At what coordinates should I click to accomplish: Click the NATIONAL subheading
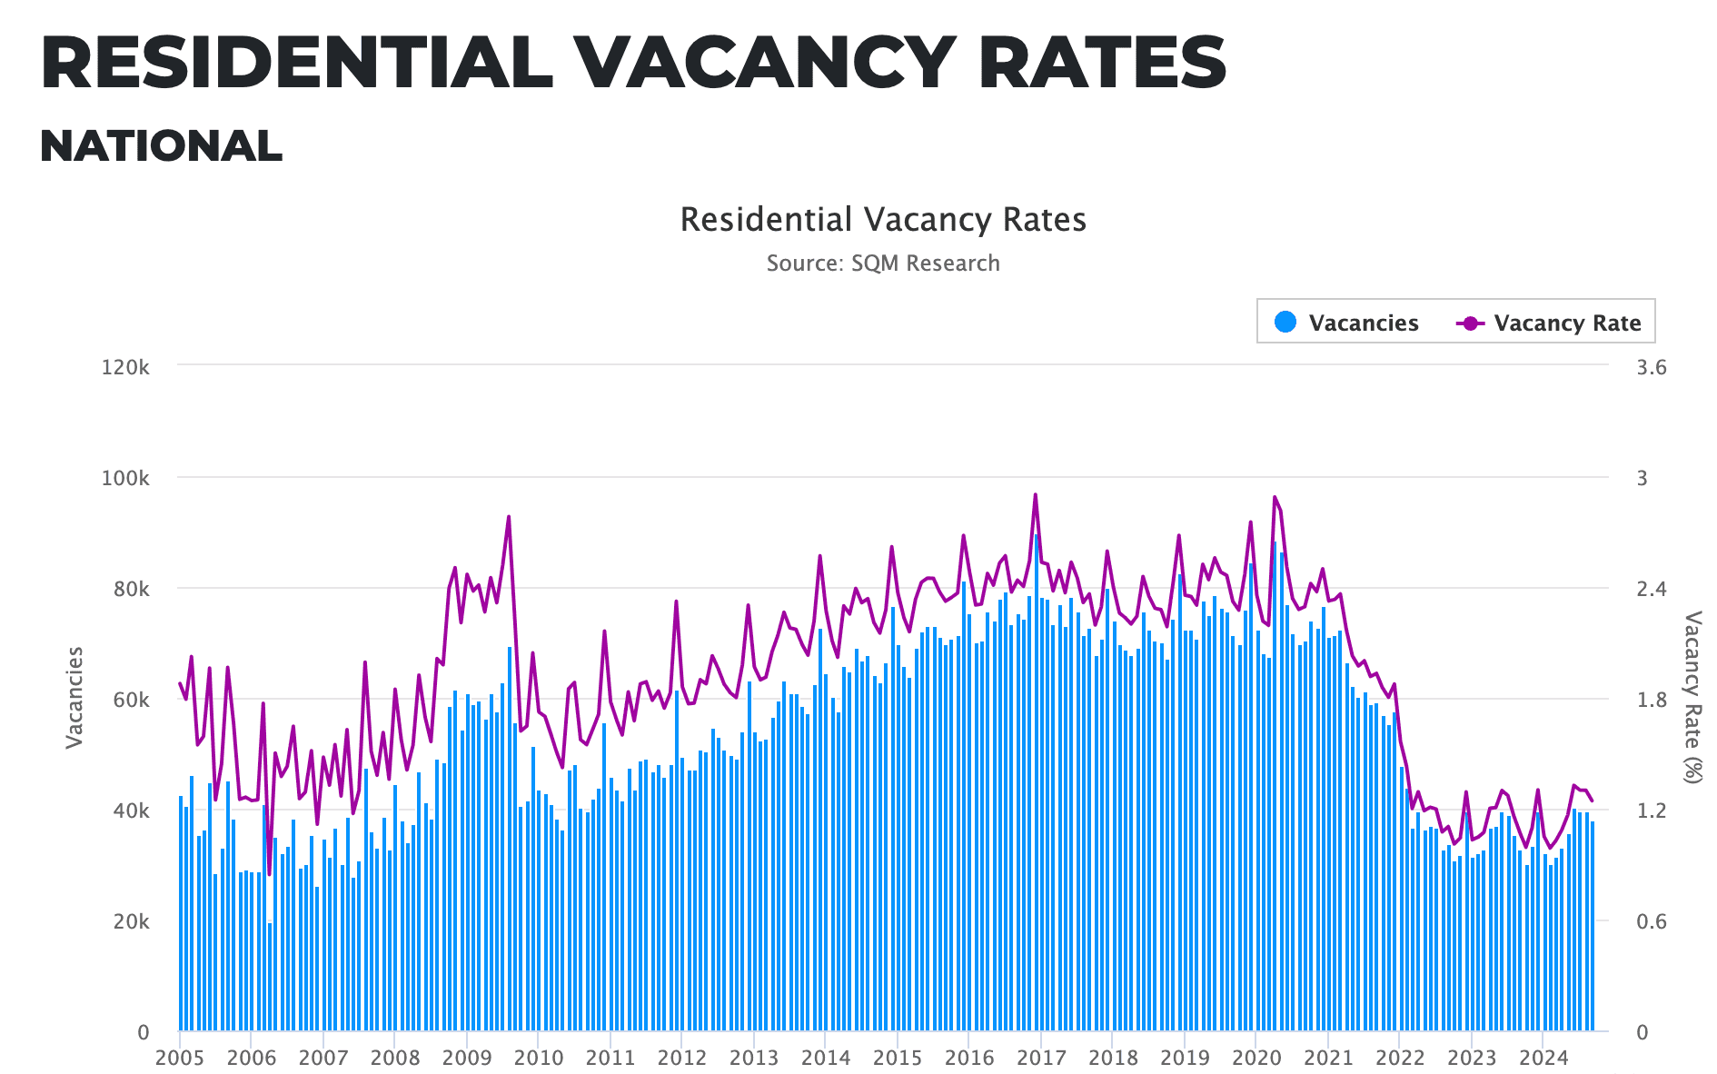click(x=161, y=146)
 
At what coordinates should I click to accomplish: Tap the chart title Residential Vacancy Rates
click(x=882, y=220)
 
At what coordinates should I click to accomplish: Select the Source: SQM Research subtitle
click(x=882, y=264)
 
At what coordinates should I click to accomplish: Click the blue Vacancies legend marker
click(x=1285, y=322)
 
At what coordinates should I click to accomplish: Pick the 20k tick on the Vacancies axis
click(x=133, y=921)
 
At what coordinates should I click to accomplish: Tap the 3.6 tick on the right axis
click(x=1652, y=367)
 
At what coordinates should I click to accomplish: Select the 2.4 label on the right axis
click(x=1652, y=589)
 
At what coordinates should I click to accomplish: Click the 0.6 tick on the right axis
click(x=1652, y=921)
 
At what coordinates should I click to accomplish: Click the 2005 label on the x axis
click(x=179, y=1058)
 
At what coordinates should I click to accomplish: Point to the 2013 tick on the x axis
click(x=754, y=1058)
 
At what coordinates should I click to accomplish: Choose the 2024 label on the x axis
click(x=1543, y=1058)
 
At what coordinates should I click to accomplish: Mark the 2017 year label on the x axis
click(x=1041, y=1058)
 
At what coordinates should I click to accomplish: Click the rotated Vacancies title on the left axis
click(x=74, y=698)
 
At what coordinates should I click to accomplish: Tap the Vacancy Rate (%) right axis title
click(x=1692, y=698)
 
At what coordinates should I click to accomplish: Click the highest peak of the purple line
click(x=1035, y=494)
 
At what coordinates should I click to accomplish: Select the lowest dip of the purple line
click(x=269, y=874)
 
